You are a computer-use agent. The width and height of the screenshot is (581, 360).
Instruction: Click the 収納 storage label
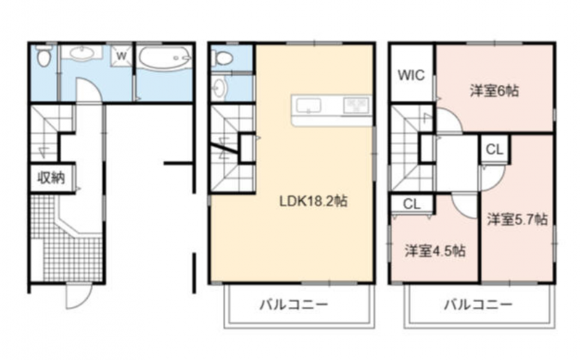pyautogui.click(x=51, y=178)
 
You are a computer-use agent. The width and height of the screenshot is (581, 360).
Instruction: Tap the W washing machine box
pyautogui.click(x=121, y=56)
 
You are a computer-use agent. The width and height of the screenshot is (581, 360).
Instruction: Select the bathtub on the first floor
pyautogui.click(x=165, y=57)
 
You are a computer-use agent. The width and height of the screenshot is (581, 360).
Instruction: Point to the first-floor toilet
pyautogui.click(x=44, y=56)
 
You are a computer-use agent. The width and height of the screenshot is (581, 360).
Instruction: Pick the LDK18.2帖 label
pyautogui.click(x=313, y=201)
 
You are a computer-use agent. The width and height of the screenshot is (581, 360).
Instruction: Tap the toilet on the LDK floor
pyautogui.click(x=223, y=57)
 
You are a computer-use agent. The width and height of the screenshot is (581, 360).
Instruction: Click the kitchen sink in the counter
pyautogui.click(x=307, y=106)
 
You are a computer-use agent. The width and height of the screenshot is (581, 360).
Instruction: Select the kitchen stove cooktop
pyautogui.click(x=357, y=105)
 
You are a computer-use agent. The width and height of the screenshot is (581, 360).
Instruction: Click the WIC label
pyautogui.click(x=411, y=75)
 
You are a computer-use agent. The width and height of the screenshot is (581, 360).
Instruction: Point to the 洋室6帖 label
pyautogui.click(x=495, y=91)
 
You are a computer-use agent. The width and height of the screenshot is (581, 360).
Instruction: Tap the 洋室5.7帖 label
pyautogui.click(x=517, y=219)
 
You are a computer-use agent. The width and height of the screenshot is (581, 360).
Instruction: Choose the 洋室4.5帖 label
pyautogui.click(x=435, y=251)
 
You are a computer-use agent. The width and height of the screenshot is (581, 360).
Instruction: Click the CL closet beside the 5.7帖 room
pyautogui.click(x=495, y=150)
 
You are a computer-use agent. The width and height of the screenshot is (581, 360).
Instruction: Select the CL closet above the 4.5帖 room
pyautogui.click(x=412, y=204)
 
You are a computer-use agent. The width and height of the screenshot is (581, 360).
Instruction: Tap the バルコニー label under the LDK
pyautogui.click(x=293, y=305)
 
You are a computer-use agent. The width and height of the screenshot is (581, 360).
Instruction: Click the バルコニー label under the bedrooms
pyautogui.click(x=478, y=305)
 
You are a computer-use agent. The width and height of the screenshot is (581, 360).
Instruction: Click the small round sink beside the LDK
pyautogui.click(x=219, y=88)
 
